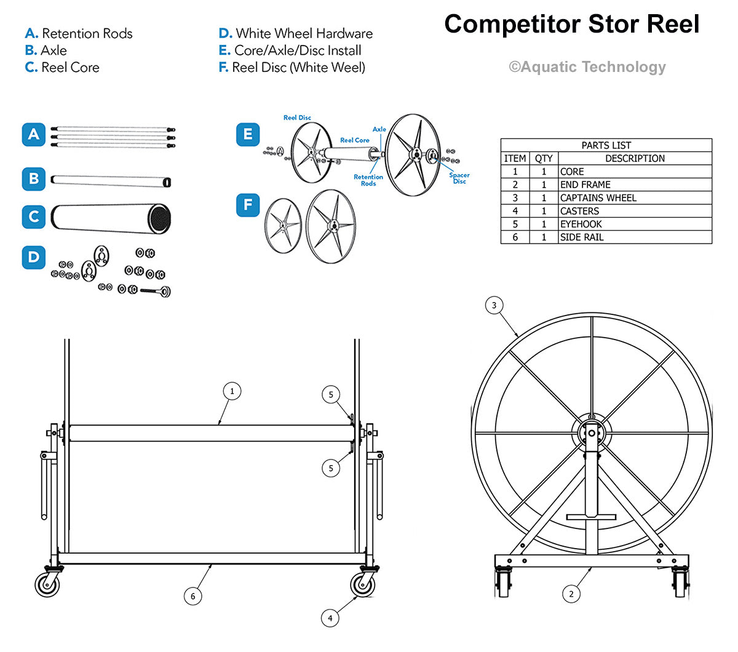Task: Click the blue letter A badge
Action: pyautogui.click(x=34, y=135)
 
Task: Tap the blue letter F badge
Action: pyautogui.click(x=248, y=205)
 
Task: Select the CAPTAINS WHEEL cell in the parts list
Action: pyautogui.click(x=634, y=198)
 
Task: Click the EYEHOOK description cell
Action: pyautogui.click(x=634, y=225)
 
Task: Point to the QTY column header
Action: pyautogui.click(x=544, y=159)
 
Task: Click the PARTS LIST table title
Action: pyautogui.click(x=606, y=146)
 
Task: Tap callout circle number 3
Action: pyautogui.click(x=494, y=305)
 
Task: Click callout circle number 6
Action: pyautogui.click(x=192, y=595)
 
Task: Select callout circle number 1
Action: pyautogui.click(x=232, y=391)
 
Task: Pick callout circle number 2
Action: pyautogui.click(x=571, y=594)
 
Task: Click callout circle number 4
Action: pyautogui.click(x=330, y=618)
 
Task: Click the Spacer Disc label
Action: pyautogui.click(x=459, y=178)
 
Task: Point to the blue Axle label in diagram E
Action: pyautogui.click(x=379, y=129)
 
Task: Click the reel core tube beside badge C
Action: pyautogui.click(x=111, y=218)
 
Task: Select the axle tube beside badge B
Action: pyautogui.click(x=111, y=181)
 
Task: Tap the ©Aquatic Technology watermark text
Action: pyautogui.click(x=587, y=67)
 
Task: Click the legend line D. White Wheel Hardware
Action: pyautogui.click(x=295, y=34)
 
